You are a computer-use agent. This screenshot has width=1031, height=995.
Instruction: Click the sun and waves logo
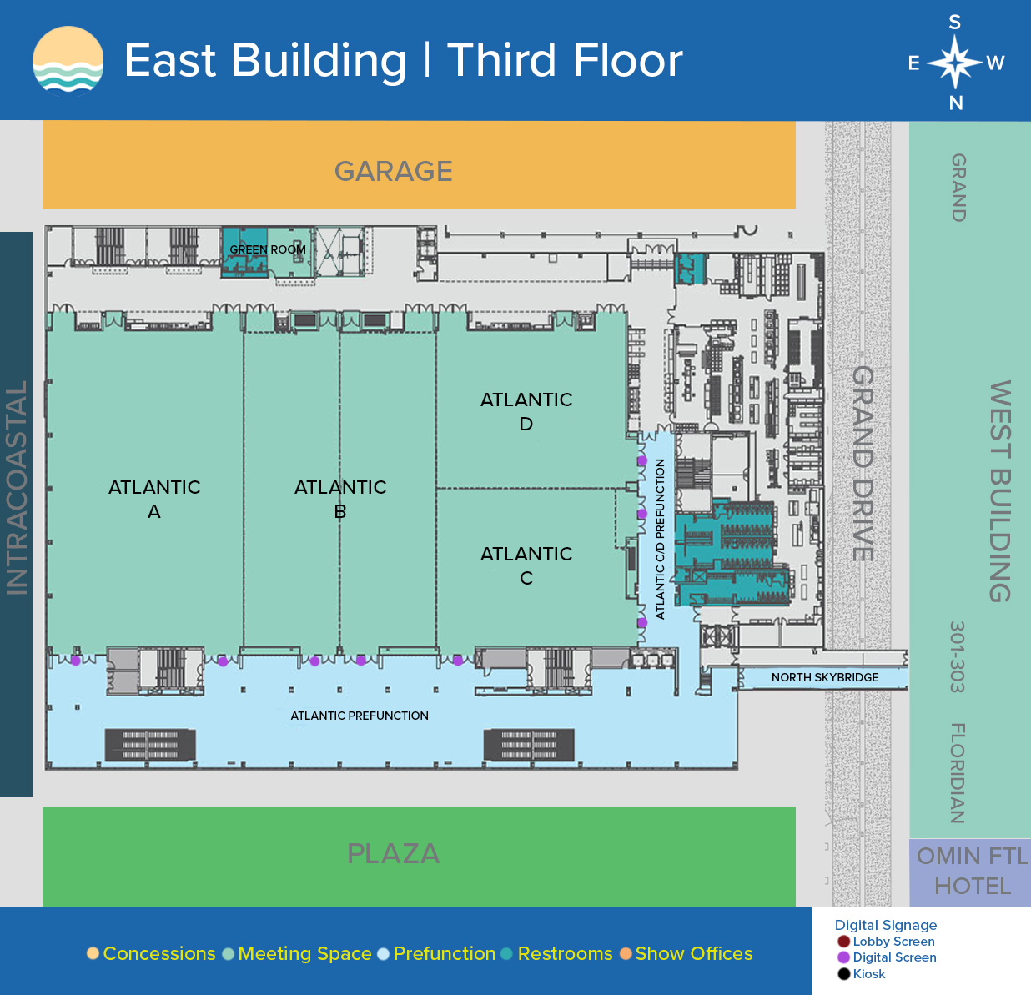(68, 60)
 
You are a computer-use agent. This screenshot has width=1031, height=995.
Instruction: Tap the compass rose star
(955, 62)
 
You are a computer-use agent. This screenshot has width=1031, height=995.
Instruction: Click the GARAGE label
(393, 171)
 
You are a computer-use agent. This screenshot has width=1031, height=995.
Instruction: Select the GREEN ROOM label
(268, 249)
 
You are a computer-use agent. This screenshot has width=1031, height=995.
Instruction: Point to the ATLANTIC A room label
(154, 499)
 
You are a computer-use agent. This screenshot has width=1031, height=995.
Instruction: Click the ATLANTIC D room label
(526, 412)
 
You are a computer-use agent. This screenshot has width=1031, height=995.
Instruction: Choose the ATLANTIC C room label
(526, 565)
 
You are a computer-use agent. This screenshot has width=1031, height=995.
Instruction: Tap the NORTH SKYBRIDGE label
(825, 677)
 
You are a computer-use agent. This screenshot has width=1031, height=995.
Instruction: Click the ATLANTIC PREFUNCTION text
(360, 716)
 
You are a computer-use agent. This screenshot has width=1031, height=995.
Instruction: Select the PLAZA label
(393, 853)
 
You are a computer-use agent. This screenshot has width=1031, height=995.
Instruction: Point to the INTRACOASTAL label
(17, 488)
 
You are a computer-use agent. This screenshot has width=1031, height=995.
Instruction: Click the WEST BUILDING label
(1001, 491)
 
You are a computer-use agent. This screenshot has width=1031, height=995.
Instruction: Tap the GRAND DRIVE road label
(863, 464)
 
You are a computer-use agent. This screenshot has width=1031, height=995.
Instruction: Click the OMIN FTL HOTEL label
(973, 871)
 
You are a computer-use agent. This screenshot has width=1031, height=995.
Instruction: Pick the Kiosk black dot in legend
(844, 974)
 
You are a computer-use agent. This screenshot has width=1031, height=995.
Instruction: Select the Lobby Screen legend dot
(844, 942)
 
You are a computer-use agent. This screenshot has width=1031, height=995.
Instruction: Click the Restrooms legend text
(565, 953)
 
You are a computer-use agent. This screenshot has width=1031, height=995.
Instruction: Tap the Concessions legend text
(159, 953)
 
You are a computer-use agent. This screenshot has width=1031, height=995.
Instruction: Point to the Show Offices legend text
(694, 953)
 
